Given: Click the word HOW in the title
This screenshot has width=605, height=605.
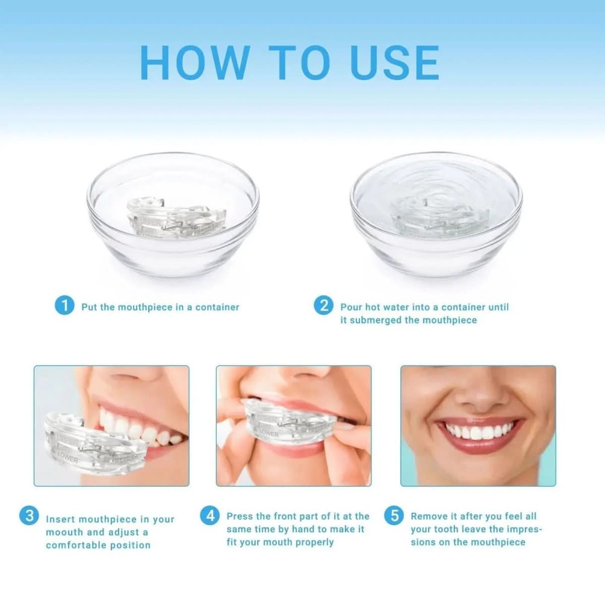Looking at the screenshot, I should click(194, 63).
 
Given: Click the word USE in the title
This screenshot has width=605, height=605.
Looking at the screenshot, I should click(394, 63).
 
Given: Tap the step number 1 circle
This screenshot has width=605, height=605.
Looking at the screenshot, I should click(65, 306).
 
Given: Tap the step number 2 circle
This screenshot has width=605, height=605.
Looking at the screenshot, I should click(323, 306).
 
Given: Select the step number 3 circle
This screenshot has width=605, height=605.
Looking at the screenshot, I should click(29, 515).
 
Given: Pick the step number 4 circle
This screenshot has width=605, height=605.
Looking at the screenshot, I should click(210, 515).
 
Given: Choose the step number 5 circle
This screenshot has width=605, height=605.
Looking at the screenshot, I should click(394, 515).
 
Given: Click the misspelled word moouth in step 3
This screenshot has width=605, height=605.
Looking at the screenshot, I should click(65, 532).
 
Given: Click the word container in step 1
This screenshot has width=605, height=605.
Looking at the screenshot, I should click(217, 307).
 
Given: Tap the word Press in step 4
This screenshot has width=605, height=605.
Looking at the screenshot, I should click(240, 516).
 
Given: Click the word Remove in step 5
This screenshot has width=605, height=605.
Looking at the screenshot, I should click(428, 516).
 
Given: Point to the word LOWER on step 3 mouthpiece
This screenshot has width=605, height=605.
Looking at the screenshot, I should click(67, 457).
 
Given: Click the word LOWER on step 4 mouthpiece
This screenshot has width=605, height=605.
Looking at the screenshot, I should click(268, 433).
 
